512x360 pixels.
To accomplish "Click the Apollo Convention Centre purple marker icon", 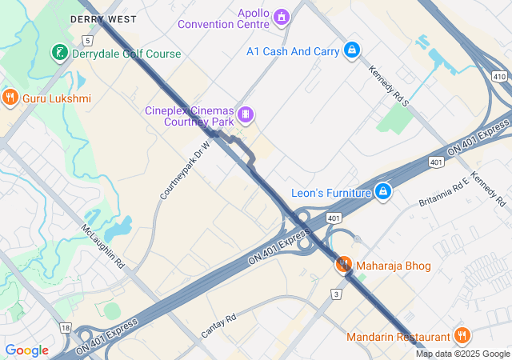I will (x=281, y=16).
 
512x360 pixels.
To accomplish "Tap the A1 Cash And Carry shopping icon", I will (x=351, y=50).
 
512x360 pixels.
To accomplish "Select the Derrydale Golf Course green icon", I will (x=59, y=54).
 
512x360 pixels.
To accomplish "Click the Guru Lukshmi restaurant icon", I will (x=10, y=98).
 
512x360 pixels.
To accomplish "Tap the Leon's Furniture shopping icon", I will (x=383, y=192).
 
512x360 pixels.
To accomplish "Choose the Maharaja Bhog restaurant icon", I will (x=344, y=264).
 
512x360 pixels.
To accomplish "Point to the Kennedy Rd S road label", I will (x=388, y=86).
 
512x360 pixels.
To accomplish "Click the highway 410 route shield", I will (x=499, y=76).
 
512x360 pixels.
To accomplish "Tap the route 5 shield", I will (x=86, y=39).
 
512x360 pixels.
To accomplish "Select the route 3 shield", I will (x=337, y=294).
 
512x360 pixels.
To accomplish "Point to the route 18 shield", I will (x=66, y=328).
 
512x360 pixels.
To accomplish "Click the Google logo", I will (x=26, y=350).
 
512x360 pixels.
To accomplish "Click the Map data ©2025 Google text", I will (x=462, y=354).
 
